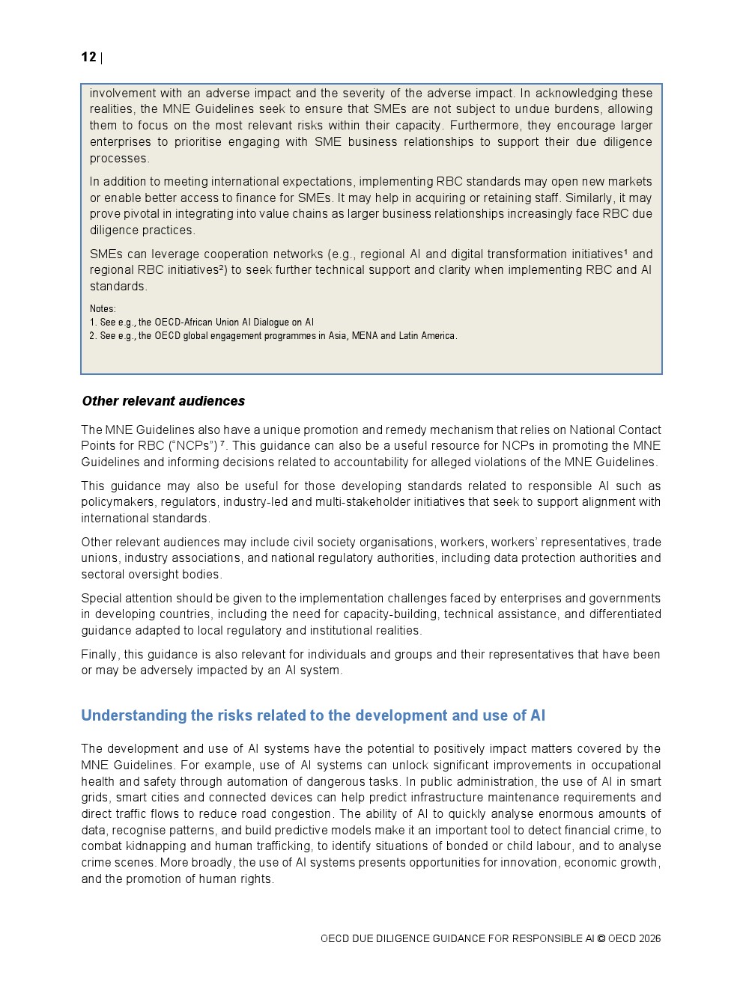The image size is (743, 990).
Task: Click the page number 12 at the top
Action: coord(88,57)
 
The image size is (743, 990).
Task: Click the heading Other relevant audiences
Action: coord(163,401)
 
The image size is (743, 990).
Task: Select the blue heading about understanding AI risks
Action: coord(313,715)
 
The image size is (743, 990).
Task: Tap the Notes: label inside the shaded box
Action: coord(103,308)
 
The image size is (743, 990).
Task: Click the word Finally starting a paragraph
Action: coord(100,654)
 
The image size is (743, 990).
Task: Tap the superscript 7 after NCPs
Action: coord(222,444)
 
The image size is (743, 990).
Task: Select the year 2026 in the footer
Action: coord(650,938)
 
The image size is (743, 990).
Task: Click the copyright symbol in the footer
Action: coord(601,938)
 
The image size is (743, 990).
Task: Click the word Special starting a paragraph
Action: coord(101,598)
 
